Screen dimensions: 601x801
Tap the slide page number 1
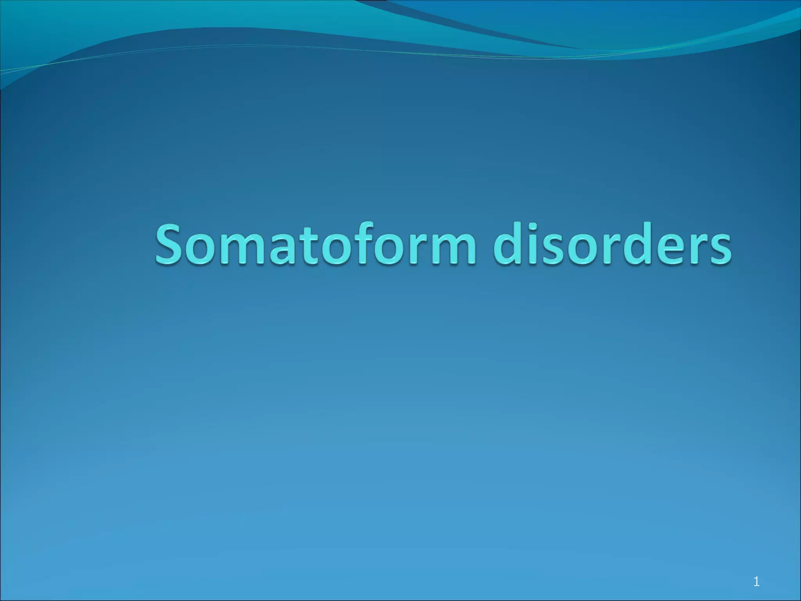[x=756, y=571]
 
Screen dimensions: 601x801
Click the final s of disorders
[x=719, y=250]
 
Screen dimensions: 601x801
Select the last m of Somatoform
[x=452, y=250]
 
